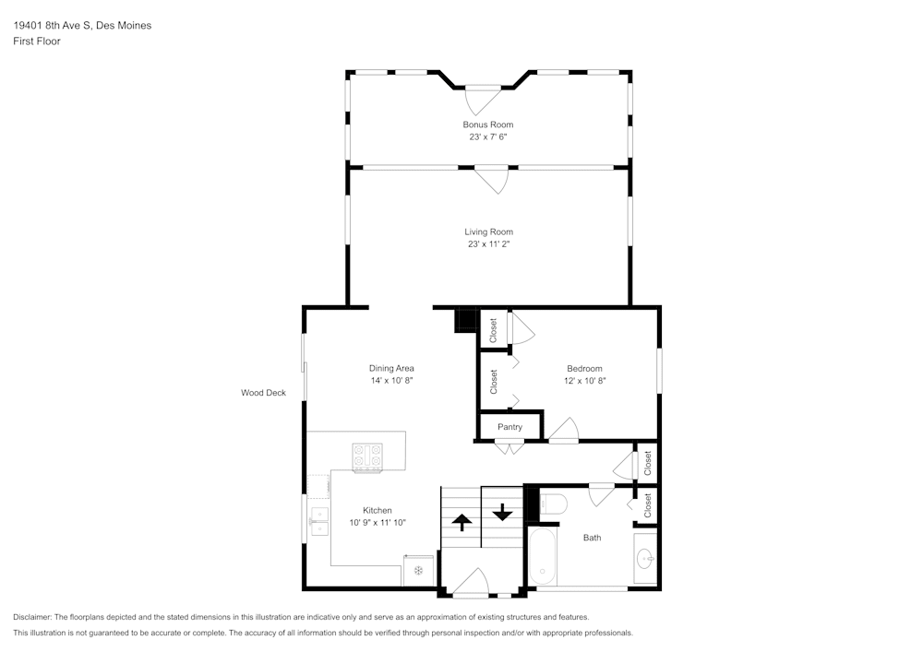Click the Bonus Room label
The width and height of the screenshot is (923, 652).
487,124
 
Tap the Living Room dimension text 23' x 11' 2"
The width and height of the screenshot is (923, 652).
487,244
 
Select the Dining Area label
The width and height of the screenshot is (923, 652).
391,368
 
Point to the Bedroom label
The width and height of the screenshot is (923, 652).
584,368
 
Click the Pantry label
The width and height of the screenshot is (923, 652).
509,427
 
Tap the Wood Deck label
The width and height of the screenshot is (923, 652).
263,393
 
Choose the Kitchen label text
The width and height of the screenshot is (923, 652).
377,510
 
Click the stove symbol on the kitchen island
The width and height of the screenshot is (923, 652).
367,456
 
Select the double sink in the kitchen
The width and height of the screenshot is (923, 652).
318,521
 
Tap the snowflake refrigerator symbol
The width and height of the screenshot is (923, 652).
417,571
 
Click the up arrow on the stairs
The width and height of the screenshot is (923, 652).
461,522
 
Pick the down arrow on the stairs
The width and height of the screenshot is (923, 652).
501,510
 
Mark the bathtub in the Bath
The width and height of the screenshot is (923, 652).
543,556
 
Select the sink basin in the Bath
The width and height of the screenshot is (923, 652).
646,559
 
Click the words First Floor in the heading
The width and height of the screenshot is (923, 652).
37,41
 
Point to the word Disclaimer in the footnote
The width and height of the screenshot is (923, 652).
33,617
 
